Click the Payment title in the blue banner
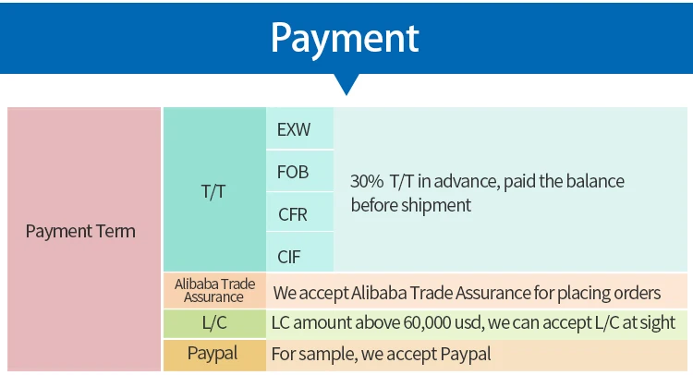345,38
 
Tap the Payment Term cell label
80,231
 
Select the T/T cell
213,192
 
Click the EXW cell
294,130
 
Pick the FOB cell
293,172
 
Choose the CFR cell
293,214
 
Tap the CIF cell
290,256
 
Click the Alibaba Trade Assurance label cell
213,290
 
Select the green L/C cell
213,323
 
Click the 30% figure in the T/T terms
366,182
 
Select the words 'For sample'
306,354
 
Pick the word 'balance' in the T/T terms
594,182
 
